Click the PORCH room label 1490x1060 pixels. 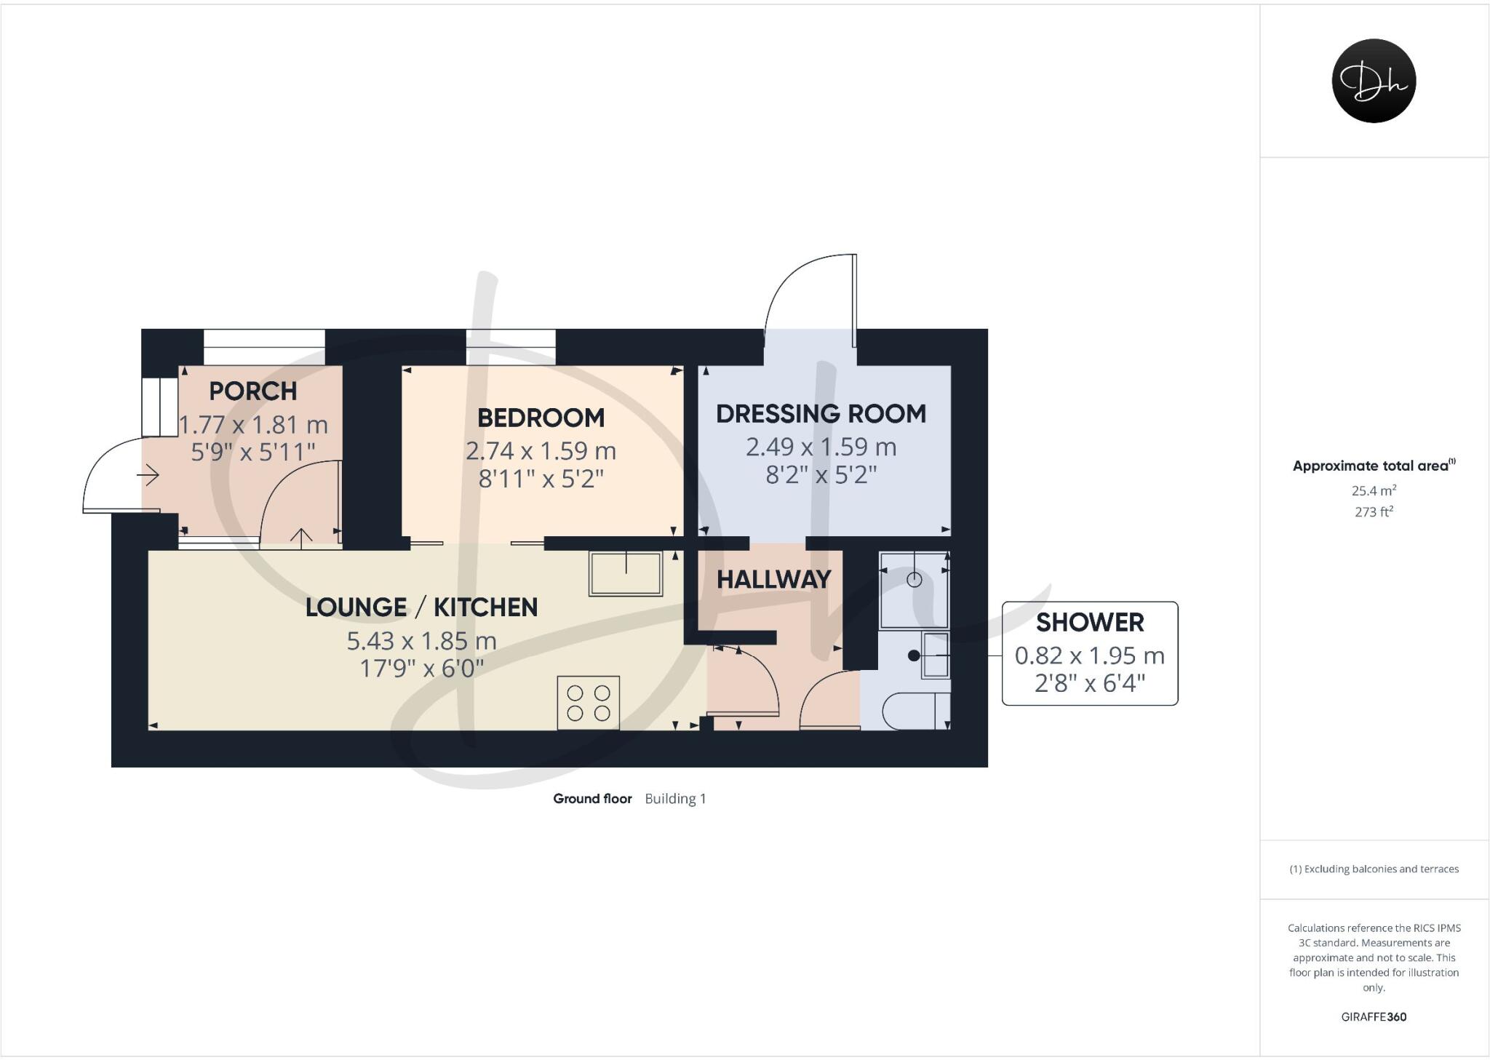pos(252,391)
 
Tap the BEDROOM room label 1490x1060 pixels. pos(541,418)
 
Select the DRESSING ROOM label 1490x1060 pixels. pos(821,413)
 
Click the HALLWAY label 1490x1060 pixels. pos(773,579)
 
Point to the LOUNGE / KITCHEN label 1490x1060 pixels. pos(421,607)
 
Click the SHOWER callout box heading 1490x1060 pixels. pos(1089,622)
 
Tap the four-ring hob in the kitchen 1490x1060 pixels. pos(588,702)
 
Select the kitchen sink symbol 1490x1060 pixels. pos(626,573)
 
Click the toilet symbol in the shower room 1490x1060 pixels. pos(915,711)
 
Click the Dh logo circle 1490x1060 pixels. pos(1373,81)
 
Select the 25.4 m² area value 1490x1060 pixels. pos(1373,490)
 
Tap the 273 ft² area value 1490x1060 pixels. pos(1373,511)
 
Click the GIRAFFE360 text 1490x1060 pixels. pos(1373,1016)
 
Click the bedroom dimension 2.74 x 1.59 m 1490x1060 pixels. pos(541,451)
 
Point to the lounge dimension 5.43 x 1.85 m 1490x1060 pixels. pos(421,641)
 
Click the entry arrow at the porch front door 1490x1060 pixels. pos(148,477)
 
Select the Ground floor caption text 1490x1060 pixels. pos(592,798)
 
